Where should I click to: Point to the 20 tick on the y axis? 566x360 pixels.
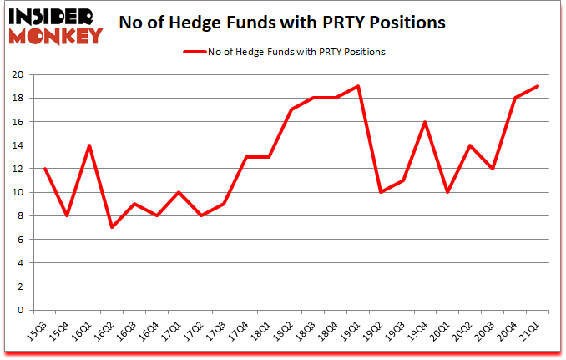(x=18, y=74)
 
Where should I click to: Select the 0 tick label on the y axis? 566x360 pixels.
(x=21, y=310)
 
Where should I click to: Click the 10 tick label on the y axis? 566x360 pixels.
(x=18, y=192)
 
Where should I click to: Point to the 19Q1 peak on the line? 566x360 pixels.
(x=357, y=86)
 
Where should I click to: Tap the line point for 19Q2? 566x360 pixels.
(x=380, y=192)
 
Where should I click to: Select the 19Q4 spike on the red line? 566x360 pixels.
(x=425, y=122)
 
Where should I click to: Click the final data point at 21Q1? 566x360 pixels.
(x=538, y=86)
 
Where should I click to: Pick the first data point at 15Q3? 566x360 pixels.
(x=43, y=169)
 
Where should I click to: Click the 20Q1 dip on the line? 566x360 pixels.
(x=447, y=192)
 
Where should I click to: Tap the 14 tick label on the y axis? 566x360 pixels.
(x=18, y=145)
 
